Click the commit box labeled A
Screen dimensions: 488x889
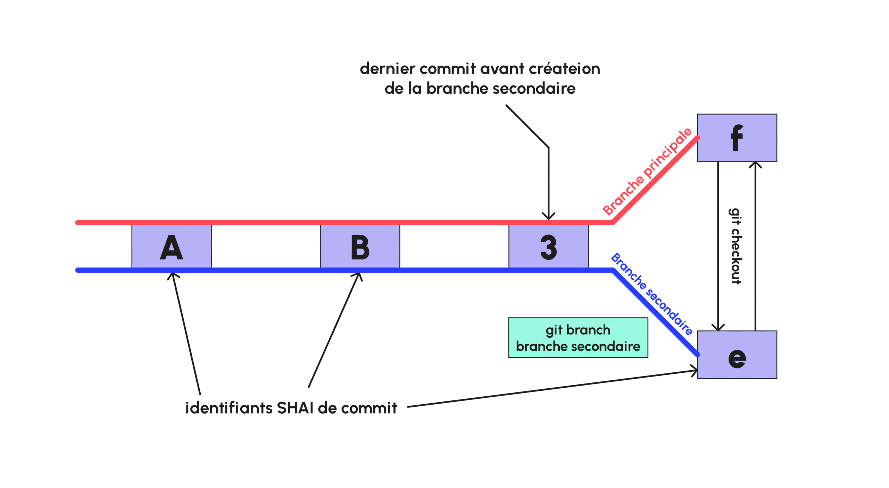(x=171, y=247)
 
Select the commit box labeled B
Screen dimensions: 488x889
(x=360, y=247)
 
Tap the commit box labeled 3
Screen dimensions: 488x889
(x=548, y=247)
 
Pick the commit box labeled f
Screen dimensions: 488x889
(x=737, y=138)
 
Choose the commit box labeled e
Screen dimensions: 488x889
(x=737, y=355)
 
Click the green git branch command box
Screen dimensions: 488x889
(x=578, y=338)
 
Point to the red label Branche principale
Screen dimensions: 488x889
(x=647, y=171)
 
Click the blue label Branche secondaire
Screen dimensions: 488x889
(x=651, y=293)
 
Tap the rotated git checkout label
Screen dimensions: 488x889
(x=736, y=246)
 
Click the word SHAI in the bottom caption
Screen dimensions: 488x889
(x=295, y=408)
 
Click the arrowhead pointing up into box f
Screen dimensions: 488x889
(x=755, y=164)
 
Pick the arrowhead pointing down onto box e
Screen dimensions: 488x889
(x=718, y=328)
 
